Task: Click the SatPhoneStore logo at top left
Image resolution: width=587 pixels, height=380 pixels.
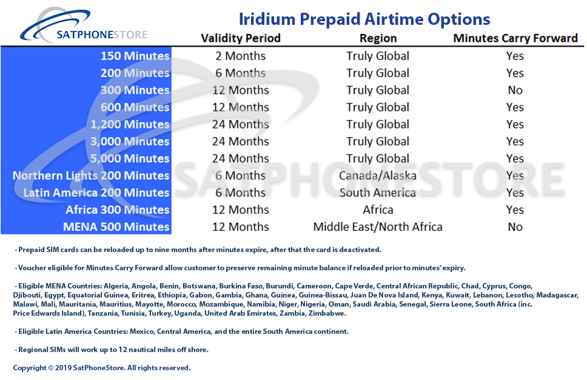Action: [x=84, y=26]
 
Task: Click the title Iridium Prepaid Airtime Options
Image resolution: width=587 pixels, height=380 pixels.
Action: [x=364, y=19]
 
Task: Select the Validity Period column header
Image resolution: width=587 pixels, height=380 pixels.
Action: [x=241, y=38]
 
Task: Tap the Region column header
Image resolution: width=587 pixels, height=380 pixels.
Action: [x=378, y=38]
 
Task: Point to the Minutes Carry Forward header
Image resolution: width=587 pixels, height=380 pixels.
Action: [x=515, y=38]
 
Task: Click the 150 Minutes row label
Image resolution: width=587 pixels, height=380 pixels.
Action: [x=135, y=56]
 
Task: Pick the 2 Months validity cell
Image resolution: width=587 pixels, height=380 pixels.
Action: [x=240, y=56]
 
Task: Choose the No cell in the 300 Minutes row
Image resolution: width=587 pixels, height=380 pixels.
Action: [x=515, y=90]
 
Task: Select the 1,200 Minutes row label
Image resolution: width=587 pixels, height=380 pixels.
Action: [x=130, y=125]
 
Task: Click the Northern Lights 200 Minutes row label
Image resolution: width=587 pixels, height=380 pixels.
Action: [x=91, y=176]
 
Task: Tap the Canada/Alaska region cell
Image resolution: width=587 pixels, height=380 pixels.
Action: [x=378, y=176]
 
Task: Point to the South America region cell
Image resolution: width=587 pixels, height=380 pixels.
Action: [x=378, y=193]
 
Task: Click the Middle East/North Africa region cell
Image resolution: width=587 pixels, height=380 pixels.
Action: [x=378, y=227]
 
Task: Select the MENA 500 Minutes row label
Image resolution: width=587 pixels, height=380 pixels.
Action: [x=116, y=227]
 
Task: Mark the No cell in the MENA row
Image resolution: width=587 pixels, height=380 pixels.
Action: [x=515, y=227]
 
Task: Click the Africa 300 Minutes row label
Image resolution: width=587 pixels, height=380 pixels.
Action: [x=118, y=210]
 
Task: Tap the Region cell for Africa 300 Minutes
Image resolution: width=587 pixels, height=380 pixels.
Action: [x=378, y=210]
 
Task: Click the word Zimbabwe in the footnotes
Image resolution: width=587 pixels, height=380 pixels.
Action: [x=326, y=313]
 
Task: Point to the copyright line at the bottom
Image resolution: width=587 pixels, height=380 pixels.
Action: [x=102, y=368]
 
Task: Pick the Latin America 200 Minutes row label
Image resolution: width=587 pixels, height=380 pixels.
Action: [x=96, y=193]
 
